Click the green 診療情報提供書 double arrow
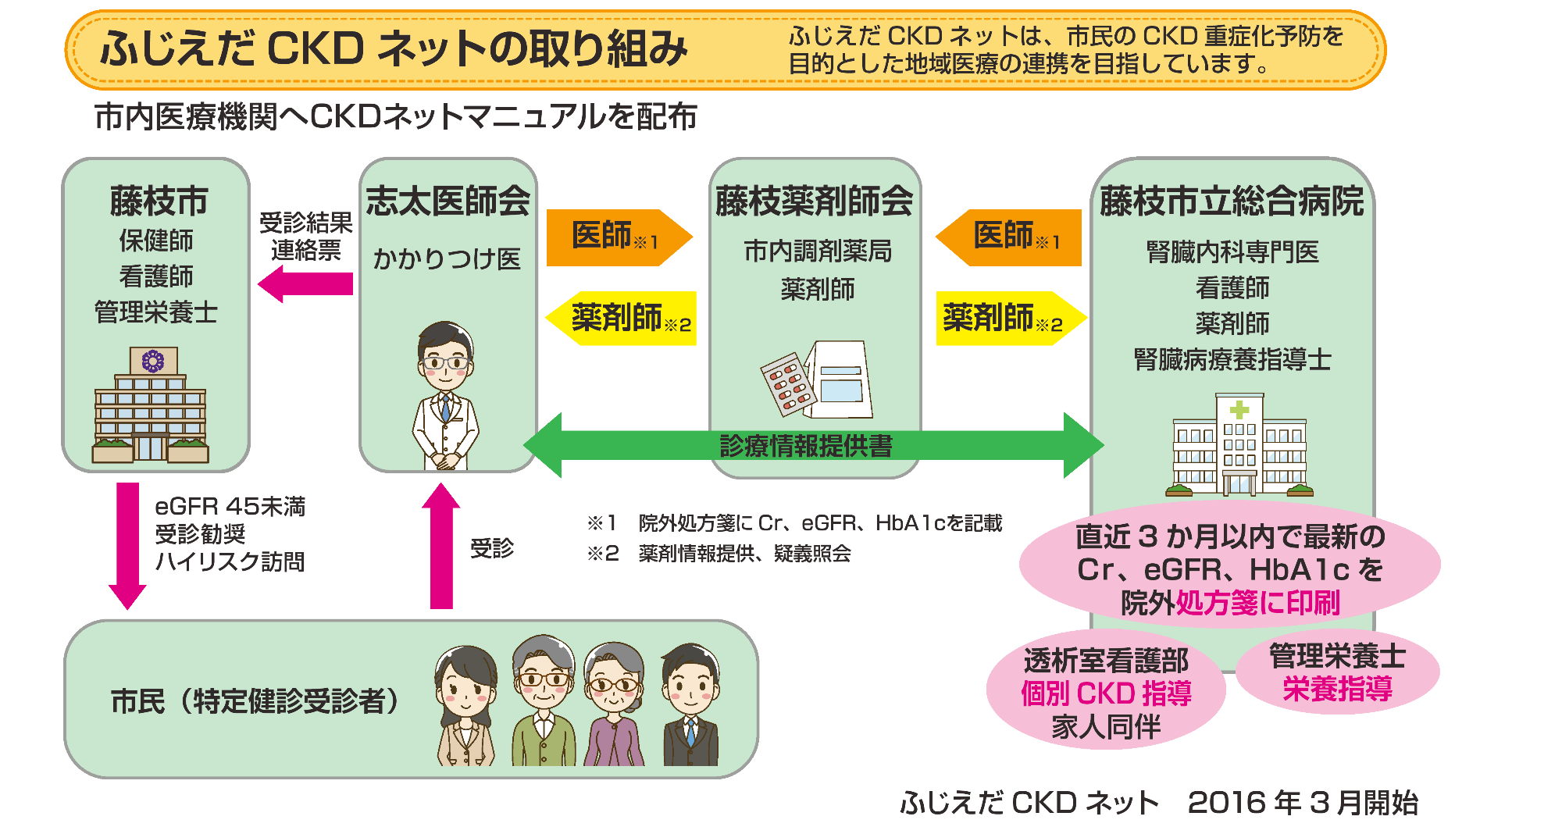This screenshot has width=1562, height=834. click(812, 445)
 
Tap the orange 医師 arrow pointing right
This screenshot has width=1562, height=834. click(617, 237)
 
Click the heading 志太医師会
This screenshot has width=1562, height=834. click(448, 201)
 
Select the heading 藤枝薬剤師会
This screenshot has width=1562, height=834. click(814, 201)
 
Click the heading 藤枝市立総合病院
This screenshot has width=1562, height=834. click(1232, 201)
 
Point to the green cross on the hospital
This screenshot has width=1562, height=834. click(1239, 409)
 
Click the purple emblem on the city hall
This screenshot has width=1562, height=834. click(152, 361)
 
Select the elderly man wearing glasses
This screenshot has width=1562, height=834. click(544, 699)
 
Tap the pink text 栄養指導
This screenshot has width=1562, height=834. click(1337, 689)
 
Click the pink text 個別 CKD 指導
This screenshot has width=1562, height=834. click(1106, 693)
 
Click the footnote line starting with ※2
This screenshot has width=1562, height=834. click(719, 554)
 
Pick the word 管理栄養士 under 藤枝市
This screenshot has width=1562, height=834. click(155, 312)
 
